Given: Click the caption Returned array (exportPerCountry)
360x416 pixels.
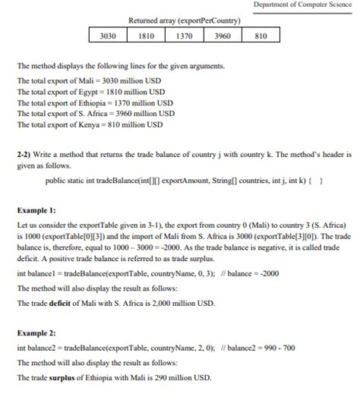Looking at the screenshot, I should [x=185, y=20].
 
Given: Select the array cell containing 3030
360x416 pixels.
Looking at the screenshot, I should [x=108, y=36].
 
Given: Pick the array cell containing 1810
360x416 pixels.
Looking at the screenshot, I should [x=147, y=36].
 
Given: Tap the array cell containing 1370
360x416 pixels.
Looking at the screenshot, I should [x=184, y=36].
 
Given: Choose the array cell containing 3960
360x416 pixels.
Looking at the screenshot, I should [x=223, y=36].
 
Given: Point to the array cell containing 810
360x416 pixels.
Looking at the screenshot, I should [x=261, y=36].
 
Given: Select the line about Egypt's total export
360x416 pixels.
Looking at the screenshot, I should [x=91, y=92].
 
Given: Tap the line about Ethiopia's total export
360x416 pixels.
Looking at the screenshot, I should [x=95, y=102].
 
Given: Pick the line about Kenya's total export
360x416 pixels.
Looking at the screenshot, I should [x=90, y=124].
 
